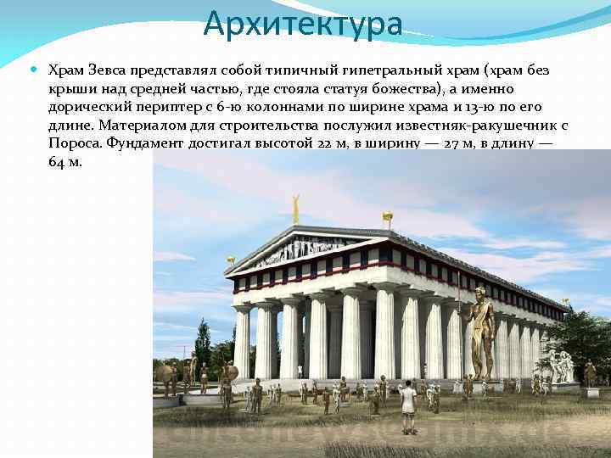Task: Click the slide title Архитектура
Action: [303, 24]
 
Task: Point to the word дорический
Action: [87, 107]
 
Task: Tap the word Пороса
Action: [75, 144]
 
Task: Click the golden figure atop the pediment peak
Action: [296, 206]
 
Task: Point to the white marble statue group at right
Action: [560, 365]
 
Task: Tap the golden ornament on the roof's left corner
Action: [230, 260]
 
